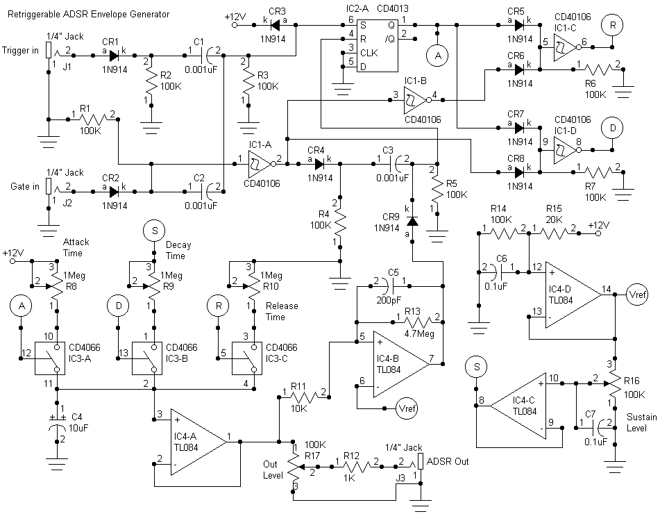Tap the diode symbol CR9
[412, 222]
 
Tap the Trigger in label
[21, 51]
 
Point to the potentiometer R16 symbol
[615, 381]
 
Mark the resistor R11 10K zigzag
[303, 395]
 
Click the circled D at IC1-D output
[613, 128]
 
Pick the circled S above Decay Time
[154, 231]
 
